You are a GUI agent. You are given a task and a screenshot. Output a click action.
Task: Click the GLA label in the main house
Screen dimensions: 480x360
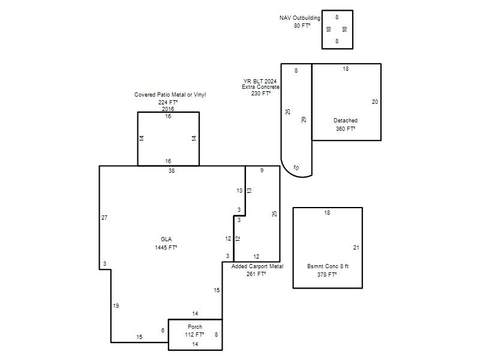coord(166,239)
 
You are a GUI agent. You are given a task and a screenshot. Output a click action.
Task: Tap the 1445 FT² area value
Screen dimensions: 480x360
coord(166,247)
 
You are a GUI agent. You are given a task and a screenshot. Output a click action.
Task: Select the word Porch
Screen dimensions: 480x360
coord(194,326)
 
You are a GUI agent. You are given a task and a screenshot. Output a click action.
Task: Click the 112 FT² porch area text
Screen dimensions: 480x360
coord(194,335)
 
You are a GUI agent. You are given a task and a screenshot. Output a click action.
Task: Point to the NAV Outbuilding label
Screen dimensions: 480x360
coord(299,18)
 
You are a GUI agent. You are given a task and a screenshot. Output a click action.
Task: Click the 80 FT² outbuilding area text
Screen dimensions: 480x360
coord(302,26)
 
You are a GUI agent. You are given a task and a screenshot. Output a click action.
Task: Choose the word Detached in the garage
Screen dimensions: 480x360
coord(346,121)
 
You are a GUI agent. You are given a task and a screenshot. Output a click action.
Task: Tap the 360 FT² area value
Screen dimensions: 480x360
coord(346,128)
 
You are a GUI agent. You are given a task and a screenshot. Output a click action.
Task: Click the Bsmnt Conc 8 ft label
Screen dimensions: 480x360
coord(328,266)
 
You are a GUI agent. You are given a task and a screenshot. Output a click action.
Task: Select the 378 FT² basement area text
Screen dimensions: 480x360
coord(327,275)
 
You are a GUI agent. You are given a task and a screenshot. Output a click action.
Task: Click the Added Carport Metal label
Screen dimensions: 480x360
coord(257,266)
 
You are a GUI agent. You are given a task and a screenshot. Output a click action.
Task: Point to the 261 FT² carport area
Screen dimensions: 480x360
coord(256,274)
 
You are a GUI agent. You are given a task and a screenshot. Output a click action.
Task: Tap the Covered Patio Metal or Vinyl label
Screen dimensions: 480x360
coord(170,95)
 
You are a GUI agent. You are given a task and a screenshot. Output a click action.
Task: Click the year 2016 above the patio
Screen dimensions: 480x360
coord(168,109)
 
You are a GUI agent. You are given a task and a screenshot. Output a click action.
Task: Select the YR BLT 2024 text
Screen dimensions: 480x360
coord(260,81)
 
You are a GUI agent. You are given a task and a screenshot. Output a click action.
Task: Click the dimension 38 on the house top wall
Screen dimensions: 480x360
coord(172,171)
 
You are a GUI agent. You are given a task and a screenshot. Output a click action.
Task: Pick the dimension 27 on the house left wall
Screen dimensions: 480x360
coord(104,218)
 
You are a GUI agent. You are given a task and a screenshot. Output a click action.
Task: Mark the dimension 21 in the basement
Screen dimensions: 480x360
coord(356,248)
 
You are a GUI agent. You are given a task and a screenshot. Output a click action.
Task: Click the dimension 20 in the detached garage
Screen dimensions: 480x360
coord(374,102)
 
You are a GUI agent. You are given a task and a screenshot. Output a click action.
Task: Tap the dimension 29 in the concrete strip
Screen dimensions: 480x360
coord(304,119)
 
